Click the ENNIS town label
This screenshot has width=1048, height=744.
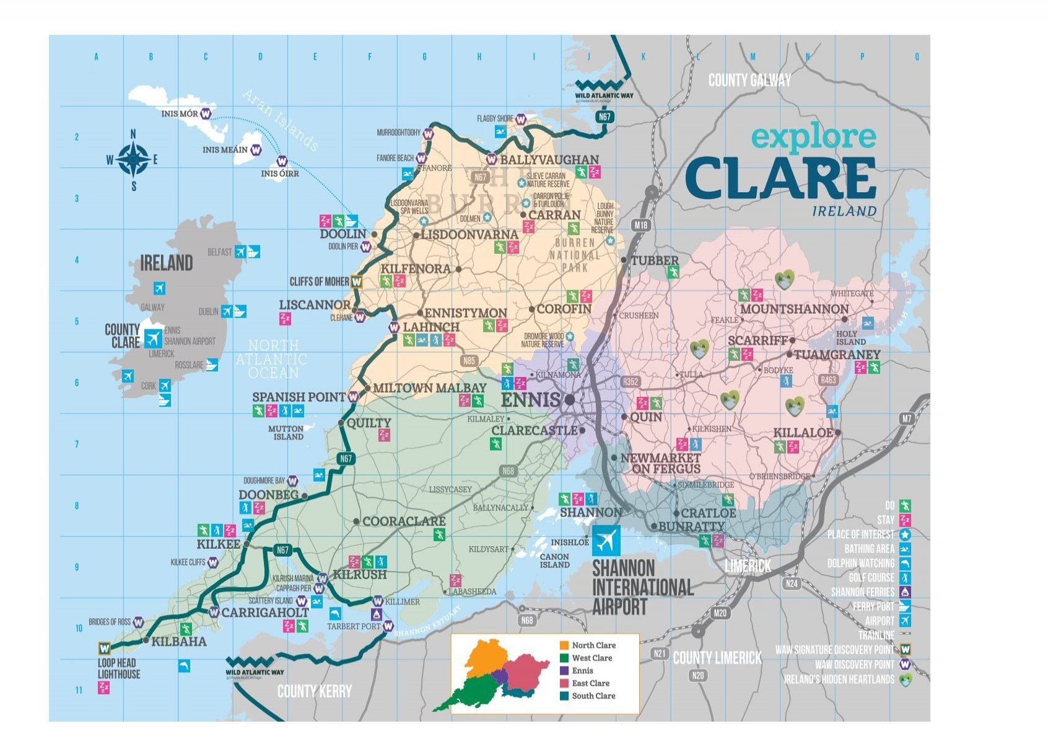click(530, 400)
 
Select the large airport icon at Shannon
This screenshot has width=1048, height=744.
click(605, 541)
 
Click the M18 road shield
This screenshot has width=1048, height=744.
click(641, 225)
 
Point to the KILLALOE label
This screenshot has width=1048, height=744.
click(803, 433)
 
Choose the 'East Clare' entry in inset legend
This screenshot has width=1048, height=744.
click(590, 683)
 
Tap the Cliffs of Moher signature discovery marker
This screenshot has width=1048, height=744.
click(356, 281)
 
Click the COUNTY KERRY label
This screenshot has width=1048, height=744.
click(314, 691)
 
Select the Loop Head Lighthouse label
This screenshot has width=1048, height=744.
click(119, 668)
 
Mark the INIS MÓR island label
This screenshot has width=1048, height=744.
click(180, 114)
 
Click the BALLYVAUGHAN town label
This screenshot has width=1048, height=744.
click(549, 160)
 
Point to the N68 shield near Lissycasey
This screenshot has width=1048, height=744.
click(508, 471)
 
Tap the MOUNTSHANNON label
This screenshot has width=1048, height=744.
click(794, 309)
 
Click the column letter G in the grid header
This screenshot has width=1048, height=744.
click(424, 57)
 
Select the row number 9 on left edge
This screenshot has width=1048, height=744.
click(77, 567)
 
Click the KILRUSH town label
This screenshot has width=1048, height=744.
click(360, 575)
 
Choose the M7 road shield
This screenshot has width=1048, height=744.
click(907, 418)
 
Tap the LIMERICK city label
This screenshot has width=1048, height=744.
click(748, 566)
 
